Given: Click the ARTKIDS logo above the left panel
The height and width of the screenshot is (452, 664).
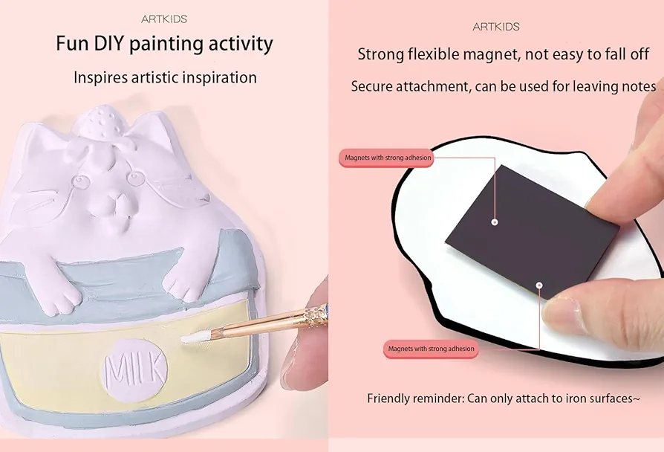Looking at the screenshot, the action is point(164,19).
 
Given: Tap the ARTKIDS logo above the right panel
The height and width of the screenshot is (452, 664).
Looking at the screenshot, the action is point(496,27).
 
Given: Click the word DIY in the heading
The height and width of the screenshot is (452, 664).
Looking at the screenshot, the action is point(107,43).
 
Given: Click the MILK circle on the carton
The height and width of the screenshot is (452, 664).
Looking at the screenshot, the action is point(134,370).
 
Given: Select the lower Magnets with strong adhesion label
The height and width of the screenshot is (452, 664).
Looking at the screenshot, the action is point(431,349).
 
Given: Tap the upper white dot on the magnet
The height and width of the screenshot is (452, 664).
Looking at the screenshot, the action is point(494,222).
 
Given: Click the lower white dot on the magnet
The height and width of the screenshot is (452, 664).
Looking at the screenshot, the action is point(538,285).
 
